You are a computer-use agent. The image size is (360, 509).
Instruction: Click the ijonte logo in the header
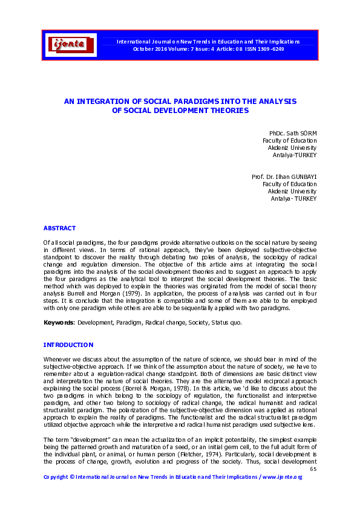[x=71, y=44]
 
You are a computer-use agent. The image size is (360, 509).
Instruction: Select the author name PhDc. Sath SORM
[x=293, y=132]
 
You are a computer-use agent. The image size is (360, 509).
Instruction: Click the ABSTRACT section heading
[x=59, y=228]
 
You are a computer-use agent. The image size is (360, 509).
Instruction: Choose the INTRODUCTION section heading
[x=68, y=345]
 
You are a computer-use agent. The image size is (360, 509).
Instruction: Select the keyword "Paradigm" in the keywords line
[x=124, y=323]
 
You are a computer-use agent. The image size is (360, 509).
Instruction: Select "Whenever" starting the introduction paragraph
[x=58, y=360]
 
